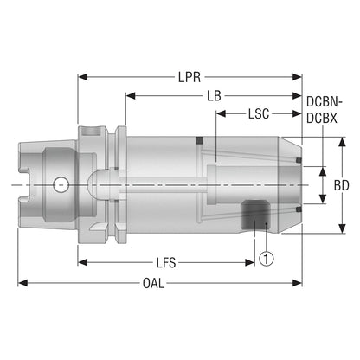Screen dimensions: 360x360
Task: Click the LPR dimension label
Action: click(190, 77)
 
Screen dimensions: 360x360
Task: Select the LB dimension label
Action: click(214, 96)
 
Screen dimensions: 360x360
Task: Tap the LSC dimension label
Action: click(259, 114)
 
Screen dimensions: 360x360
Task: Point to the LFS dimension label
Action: click(166, 263)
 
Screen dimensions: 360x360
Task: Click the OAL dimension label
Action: click(153, 283)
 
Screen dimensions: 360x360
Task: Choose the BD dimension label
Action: click(341, 185)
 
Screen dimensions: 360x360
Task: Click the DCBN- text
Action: click(324, 101)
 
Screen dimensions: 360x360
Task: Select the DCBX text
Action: click(322, 119)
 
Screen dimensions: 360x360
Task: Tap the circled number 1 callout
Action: click(266, 259)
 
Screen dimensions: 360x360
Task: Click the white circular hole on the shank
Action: click(61, 184)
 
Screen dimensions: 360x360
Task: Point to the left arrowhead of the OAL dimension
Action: click(22, 283)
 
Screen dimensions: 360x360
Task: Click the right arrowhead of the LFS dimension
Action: click(250, 262)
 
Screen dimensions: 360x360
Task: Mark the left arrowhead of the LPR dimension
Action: click(83, 77)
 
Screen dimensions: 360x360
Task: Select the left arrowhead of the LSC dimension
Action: click(222, 113)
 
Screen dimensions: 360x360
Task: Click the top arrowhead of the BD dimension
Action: click(342, 142)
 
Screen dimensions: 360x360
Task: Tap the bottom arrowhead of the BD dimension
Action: click(342, 228)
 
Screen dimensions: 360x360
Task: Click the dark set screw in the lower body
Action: click(255, 215)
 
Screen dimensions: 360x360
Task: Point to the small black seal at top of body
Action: click(199, 140)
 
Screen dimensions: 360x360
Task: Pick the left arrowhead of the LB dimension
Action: click(131, 96)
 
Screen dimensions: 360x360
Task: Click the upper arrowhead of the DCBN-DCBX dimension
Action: click(323, 171)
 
